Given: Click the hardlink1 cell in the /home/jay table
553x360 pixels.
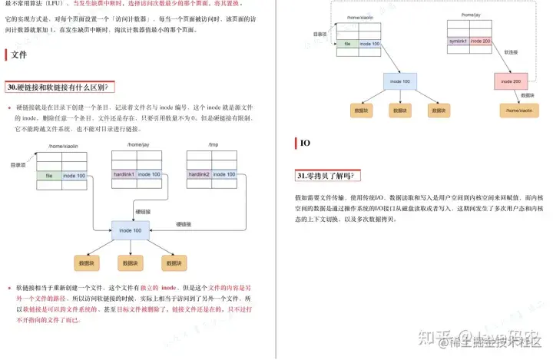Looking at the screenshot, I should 124,174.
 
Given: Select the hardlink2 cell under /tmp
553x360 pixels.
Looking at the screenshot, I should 199,174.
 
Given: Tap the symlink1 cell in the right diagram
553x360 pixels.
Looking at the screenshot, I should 458,40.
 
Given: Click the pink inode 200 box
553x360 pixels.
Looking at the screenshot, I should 512,81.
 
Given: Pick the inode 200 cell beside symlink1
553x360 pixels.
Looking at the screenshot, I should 480,40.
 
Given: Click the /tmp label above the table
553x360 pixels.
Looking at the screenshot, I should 213,145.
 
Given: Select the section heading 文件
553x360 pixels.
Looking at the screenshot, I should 19,55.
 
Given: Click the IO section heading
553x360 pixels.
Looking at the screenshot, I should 304,143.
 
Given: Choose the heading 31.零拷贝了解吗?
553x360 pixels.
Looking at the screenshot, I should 325,176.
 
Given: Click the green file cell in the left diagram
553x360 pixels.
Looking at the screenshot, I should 48,176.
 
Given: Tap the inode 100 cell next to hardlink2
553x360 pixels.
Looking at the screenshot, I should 224,174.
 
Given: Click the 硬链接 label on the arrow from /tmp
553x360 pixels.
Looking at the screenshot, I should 184,223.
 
